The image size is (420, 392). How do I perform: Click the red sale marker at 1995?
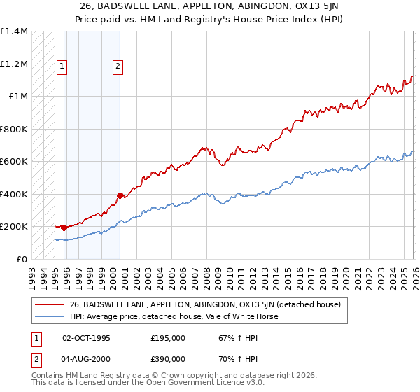pos(64,227)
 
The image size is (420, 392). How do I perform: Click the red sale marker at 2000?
pos(120,195)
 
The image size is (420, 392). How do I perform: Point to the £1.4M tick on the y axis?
pos(14,31)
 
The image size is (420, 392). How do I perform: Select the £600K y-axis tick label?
pos(14,162)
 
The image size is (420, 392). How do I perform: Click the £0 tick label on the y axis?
pos(22,259)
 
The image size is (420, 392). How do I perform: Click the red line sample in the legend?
pos(49,304)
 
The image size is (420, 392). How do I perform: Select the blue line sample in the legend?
pos(49,316)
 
